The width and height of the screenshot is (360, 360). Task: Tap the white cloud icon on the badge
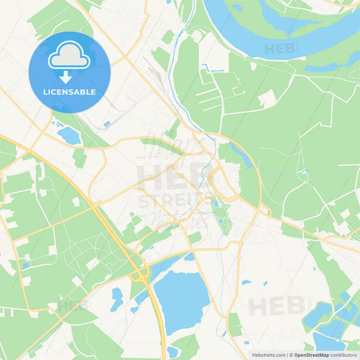tap(69, 59)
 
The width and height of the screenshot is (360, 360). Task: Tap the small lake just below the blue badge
tap(69, 135)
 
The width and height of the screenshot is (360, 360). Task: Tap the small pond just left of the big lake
tap(117, 298)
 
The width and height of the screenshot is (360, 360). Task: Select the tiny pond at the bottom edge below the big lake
tap(174, 352)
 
